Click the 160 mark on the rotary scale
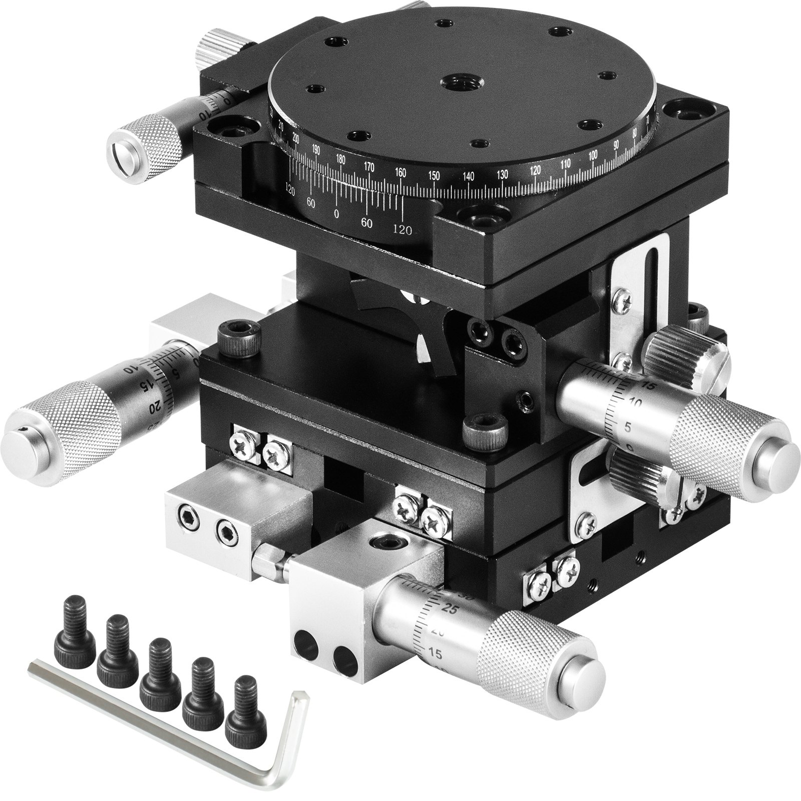[400, 172]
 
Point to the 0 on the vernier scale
[336, 214]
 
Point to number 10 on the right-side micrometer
[636, 402]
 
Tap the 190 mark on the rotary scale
[315, 150]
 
